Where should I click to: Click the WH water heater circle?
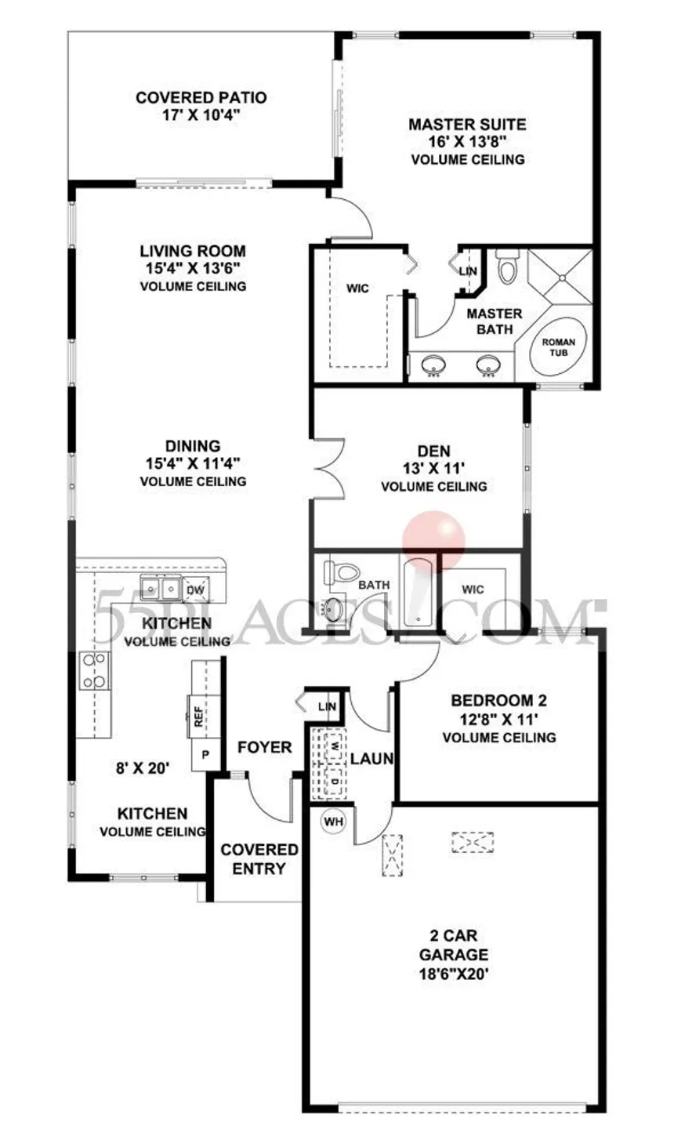[333, 822]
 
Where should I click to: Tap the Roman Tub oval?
[558, 347]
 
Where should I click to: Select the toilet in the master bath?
[507, 265]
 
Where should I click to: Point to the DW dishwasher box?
[195, 590]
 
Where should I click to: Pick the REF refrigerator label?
[198, 717]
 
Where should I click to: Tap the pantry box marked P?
[205, 755]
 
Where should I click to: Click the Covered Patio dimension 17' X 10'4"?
[201, 114]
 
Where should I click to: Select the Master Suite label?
[467, 125]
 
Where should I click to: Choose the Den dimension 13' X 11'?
[433, 468]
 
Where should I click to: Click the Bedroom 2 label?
[498, 701]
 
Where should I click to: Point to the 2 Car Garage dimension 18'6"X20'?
[454, 974]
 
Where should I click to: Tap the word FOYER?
[264, 748]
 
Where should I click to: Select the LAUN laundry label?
[372, 759]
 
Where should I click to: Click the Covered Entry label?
[259, 858]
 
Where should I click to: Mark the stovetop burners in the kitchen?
[94, 671]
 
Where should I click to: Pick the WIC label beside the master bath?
[357, 288]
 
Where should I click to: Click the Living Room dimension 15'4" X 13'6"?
[193, 268]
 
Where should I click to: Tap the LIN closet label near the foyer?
[327, 706]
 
